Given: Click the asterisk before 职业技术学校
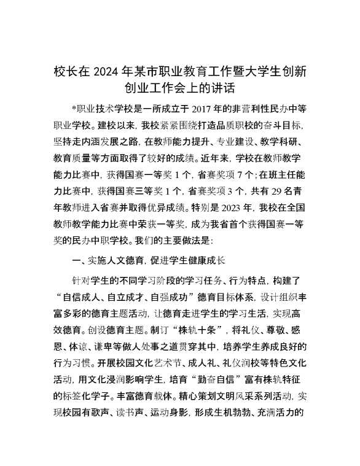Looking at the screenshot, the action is (74, 109).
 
